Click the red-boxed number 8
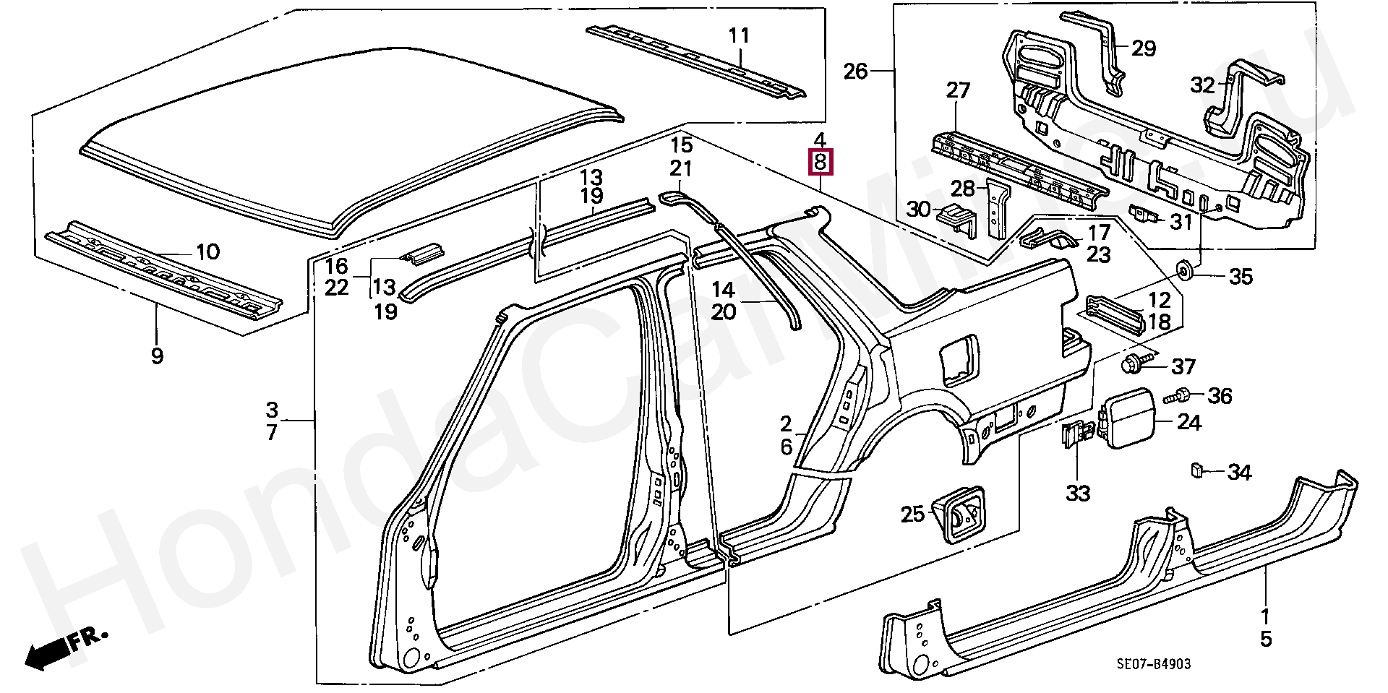pyautogui.click(x=820, y=162)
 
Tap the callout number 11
pyautogui.click(x=739, y=35)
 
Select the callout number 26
pyautogui.click(x=855, y=72)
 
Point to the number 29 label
pyautogui.click(x=1144, y=48)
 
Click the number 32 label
pyautogui.click(x=1203, y=85)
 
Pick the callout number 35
pyautogui.click(x=1241, y=277)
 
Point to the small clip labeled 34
pyautogui.click(x=1196, y=470)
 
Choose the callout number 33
pyautogui.click(x=1078, y=494)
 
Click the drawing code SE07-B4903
pyautogui.click(x=1154, y=664)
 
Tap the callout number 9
pyautogui.click(x=157, y=356)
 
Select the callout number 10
pyautogui.click(x=207, y=252)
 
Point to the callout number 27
pyautogui.click(x=958, y=91)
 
